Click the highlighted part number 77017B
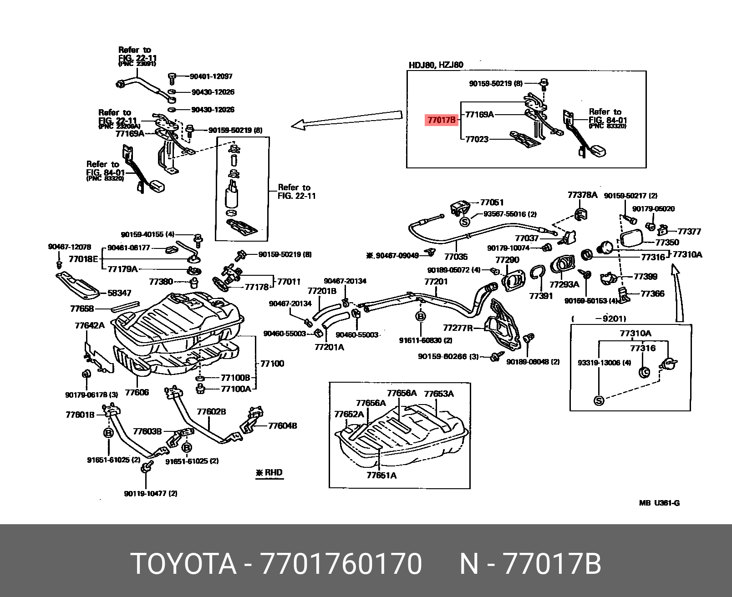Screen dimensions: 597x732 pyautogui.click(x=441, y=120)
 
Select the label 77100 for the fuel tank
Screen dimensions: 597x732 pyautogui.click(x=272, y=364)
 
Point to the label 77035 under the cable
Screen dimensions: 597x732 pyautogui.click(x=456, y=257)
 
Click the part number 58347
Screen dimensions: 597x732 pyautogui.click(x=119, y=293)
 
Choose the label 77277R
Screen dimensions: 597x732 pyautogui.click(x=457, y=328)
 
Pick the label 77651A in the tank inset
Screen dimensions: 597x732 pyautogui.click(x=381, y=476)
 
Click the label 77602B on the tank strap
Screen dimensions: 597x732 pyautogui.click(x=211, y=412)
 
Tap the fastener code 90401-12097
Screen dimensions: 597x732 pyautogui.click(x=211, y=76)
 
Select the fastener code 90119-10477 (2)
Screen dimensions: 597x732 pyautogui.click(x=151, y=494)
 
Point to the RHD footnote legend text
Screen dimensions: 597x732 pyautogui.click(x=269, y=473)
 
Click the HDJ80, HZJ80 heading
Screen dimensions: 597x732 pyautogui.click(x=436, y=65)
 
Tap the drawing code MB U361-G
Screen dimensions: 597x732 pyautogui.click(x=659, y=503)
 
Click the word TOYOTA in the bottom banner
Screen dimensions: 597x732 pyautogui.click(x=183, y=564)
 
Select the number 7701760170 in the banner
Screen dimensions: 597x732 pyautogui.click(x=341, y=564)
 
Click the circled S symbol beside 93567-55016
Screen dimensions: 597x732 pyautogui.click(x=464, y=222)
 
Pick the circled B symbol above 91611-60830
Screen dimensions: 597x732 pyautogui.click(x=421, y=316)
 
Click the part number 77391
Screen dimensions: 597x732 pyautogui.click(x=541, y=296)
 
